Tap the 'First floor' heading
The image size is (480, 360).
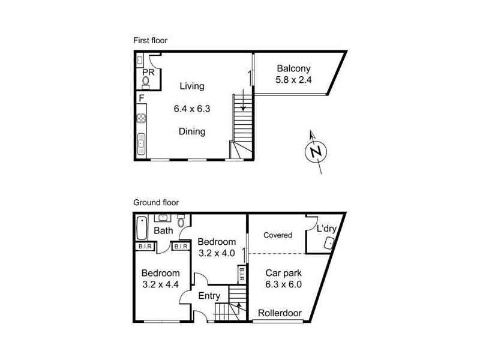[150, 40]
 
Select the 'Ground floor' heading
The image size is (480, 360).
[156, 203]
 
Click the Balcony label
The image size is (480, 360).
[294, 68]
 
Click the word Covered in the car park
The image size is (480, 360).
[277, 235]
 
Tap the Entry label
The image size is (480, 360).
[209, 296]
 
